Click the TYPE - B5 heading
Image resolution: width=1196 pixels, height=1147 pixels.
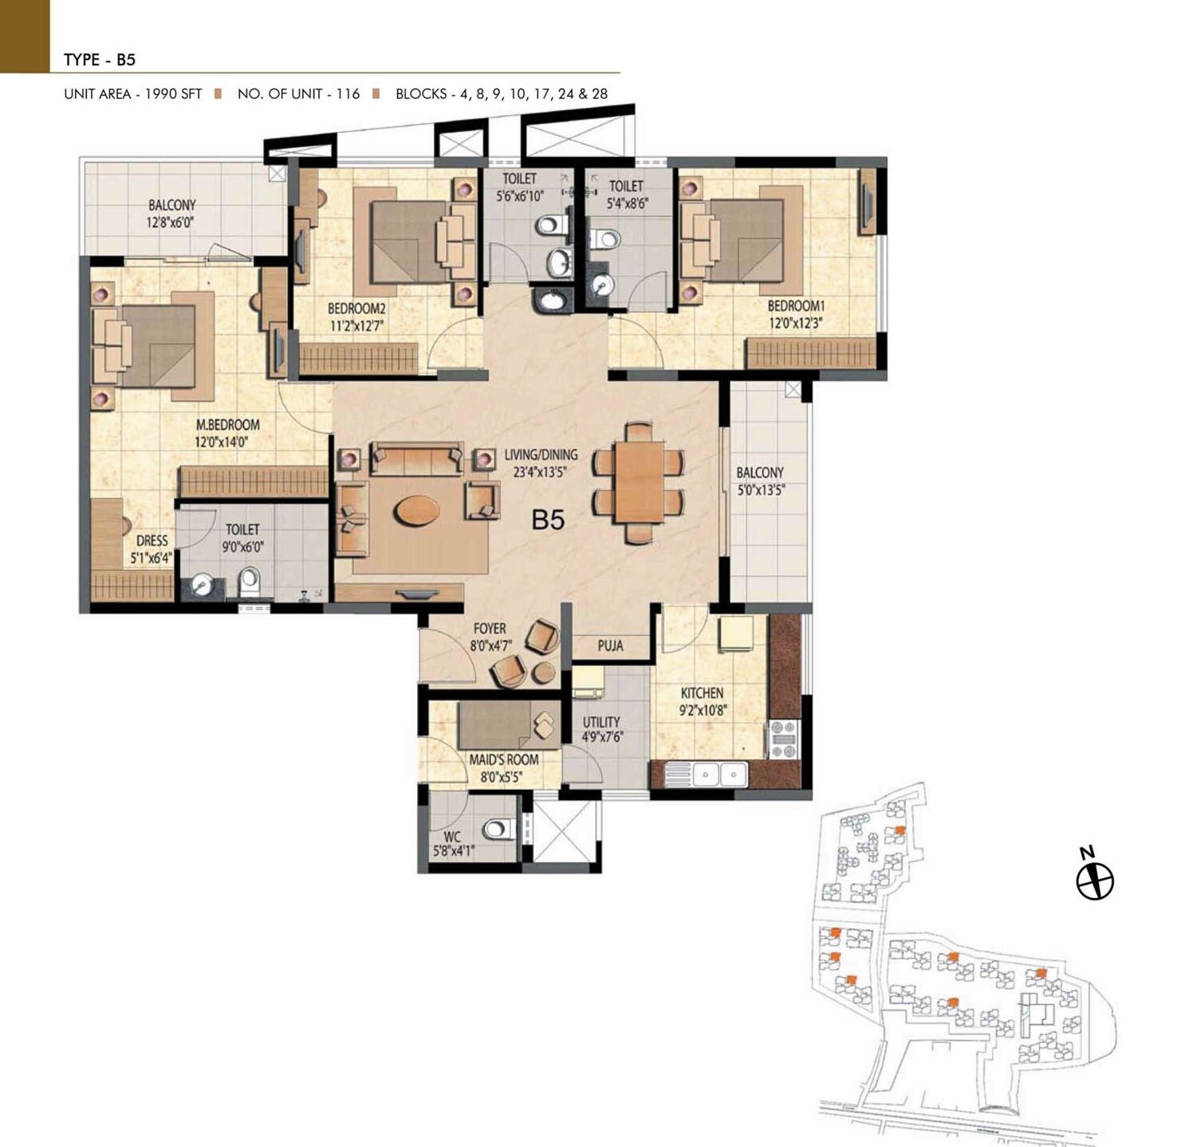(x=100, y=60)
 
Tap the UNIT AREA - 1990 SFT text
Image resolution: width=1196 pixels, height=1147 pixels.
(x=132, y=94)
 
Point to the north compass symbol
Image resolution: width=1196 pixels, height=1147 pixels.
(x=1094, y=881)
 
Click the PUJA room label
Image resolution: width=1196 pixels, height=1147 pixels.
(x=610, y=646)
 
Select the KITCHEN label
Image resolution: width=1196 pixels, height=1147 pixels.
(x=702, y=693)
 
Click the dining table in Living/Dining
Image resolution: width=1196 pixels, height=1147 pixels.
(x=639, y=482)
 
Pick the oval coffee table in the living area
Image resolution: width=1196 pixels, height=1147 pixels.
(x=417, y=510)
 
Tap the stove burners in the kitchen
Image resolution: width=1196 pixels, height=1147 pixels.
(x=782, y=739)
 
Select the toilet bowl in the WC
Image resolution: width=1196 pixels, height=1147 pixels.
(x=498, y=829)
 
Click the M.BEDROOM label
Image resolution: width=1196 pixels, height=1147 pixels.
(x=227, y=425)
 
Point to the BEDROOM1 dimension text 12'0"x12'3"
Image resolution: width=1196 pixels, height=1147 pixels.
(x=795, y=324)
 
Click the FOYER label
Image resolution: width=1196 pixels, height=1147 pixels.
(x=490, y=629)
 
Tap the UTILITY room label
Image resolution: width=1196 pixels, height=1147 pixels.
(x=600, y=722)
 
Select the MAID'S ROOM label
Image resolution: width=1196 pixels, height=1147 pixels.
(x=503, y=760)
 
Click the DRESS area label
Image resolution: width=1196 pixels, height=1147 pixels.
(x=151, y=541)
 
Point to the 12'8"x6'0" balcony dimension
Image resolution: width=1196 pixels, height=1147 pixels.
(x=171, y=223)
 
